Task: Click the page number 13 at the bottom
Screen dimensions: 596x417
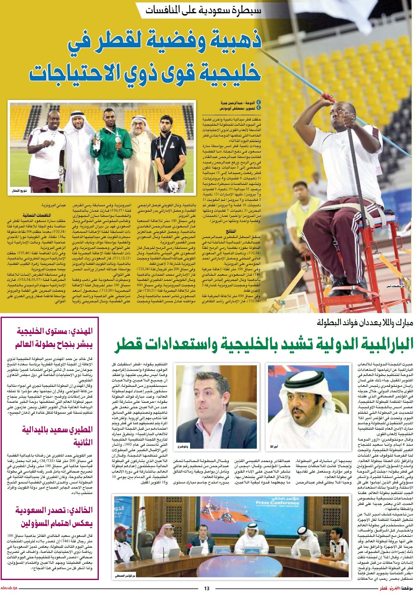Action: point(207,588)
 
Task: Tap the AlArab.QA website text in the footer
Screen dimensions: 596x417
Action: point(9,588)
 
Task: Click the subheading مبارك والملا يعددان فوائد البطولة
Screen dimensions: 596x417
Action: point(365,322)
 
